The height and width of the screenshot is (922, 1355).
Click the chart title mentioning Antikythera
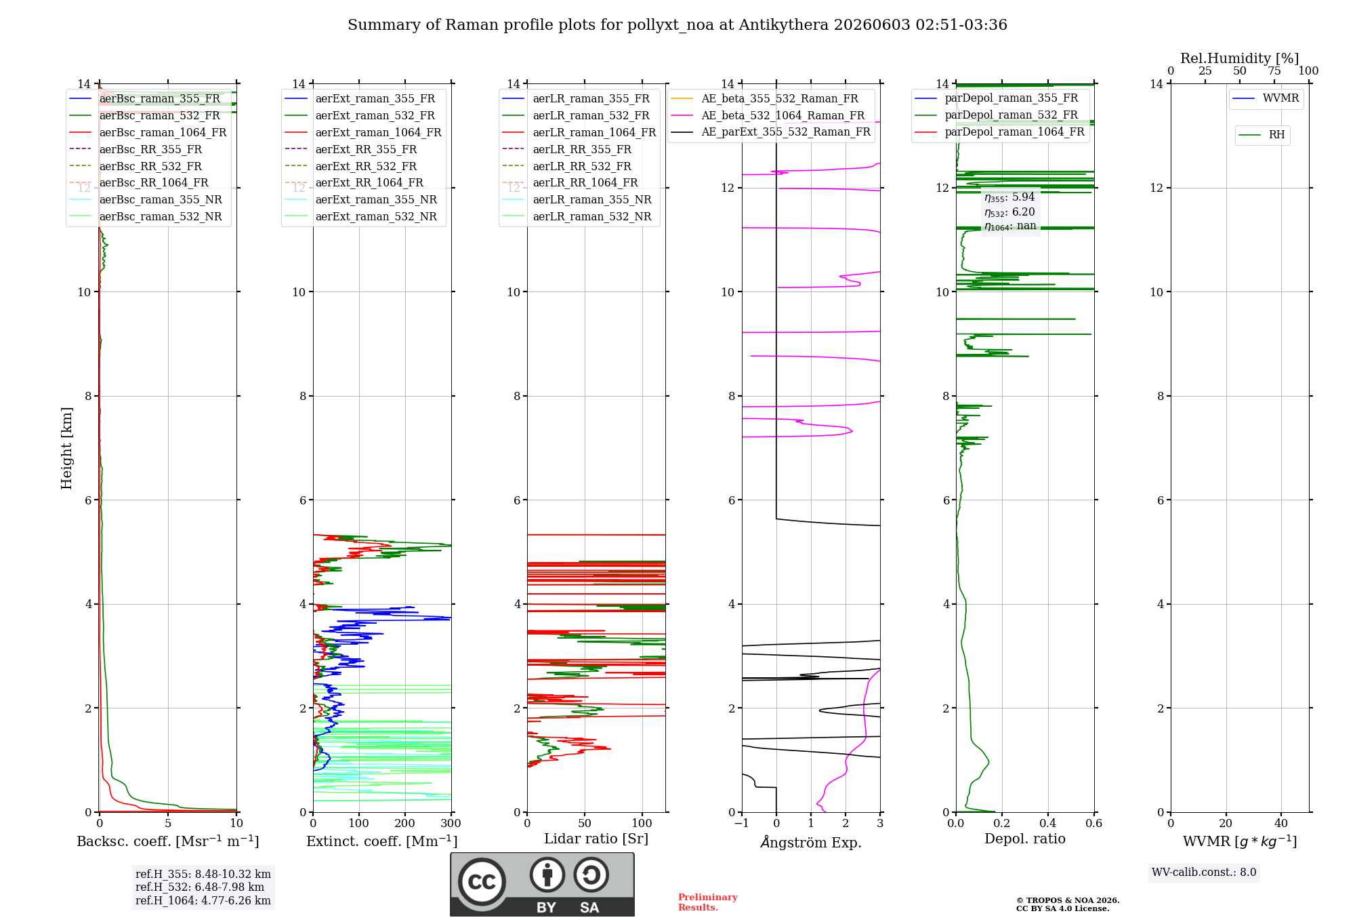(677, 25)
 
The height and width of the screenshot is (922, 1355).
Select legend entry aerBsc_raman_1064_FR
(163, 132)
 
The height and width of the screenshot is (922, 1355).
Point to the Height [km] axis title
(66, 448)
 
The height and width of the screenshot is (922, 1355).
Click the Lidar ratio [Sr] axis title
(596, 839)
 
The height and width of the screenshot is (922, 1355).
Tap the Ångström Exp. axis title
(811, 842)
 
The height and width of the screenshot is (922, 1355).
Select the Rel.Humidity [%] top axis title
(1240, 58)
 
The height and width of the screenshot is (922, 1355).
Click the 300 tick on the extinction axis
(451, 823)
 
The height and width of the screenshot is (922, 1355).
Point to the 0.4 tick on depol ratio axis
(1048, 823)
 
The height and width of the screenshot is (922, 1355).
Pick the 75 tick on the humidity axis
(1274, 71)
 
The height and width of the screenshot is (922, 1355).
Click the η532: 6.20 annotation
(1009, 212)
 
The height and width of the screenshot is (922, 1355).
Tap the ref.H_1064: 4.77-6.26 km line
(203, 900)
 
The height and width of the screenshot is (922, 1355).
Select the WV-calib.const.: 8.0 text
(1204, 872)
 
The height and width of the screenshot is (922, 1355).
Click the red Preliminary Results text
(708, 902)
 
